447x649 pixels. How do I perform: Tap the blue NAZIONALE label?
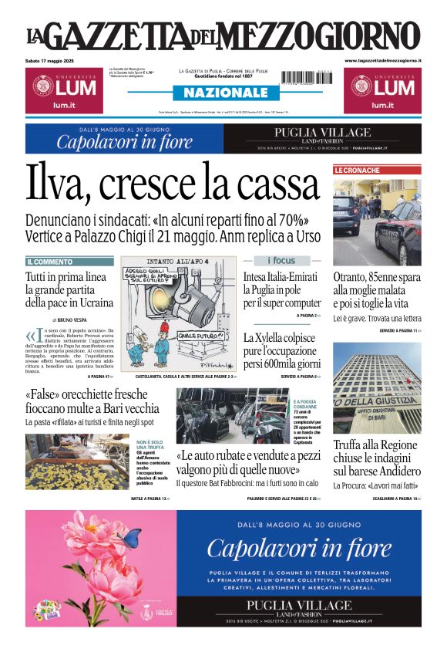pyautogui.click(x=221, y=93)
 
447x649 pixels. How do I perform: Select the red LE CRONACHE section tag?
pyautogui.click(x=357, y=170)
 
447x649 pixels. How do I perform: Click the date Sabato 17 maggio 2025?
pyautogui.click(x=58, y=60)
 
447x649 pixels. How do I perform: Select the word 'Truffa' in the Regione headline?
pyautogui.click(x=351, y=444)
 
